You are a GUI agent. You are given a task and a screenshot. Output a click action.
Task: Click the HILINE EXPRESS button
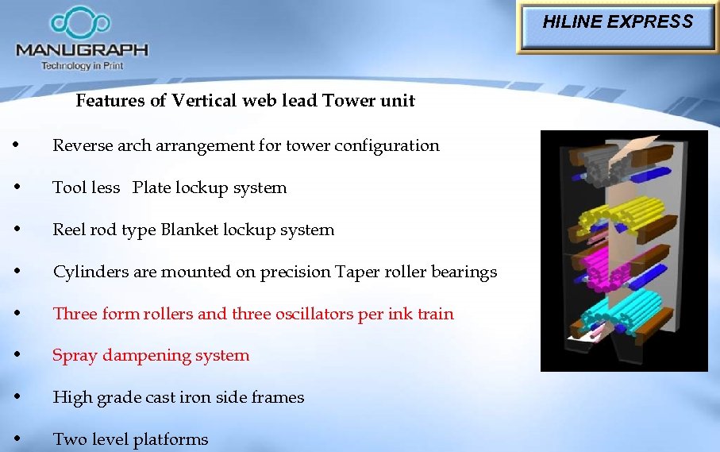pyautogui.click(x=618, y=23)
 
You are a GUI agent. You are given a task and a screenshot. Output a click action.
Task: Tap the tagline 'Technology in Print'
pyautogui.click(x=83, y=65)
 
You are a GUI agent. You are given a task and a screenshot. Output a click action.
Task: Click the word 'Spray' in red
pyautogui.click(x=73, y=355)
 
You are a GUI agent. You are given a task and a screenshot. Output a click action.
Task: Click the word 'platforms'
pyautogui.click(x=170, y=439)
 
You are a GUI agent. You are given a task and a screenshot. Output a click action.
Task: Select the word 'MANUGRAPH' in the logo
pyautogui.click(x=82, y=49)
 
